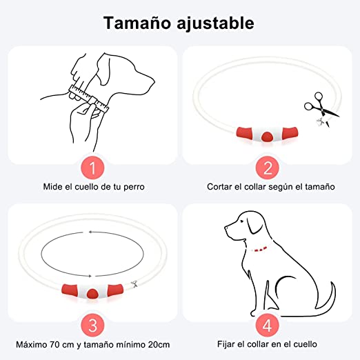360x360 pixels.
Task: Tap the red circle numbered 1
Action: click(x=92, y=168)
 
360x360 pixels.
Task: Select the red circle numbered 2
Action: click(x=268, y=168)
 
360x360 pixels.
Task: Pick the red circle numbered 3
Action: click(x=92, y=326)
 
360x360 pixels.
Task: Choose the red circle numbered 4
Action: click(x=268, y=326)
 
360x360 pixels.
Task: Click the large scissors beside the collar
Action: click(x=321, y=106)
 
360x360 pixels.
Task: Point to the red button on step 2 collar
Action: click(x=267, y=137)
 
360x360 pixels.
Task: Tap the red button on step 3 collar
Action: click(x=92, y=294)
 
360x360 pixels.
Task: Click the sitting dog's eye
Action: click(x=241, y=221)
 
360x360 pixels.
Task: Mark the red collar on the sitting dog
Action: click(x=260, y=249)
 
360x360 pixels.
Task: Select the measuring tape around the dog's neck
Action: click(x=88, y=99)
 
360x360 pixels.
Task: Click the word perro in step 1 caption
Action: click(x=134, y=187)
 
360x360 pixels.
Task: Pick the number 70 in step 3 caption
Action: click(x=54, y=344)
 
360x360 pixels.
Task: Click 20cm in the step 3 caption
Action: click(x=159, y=344)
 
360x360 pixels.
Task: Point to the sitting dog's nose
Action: click(x=226, y=228)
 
